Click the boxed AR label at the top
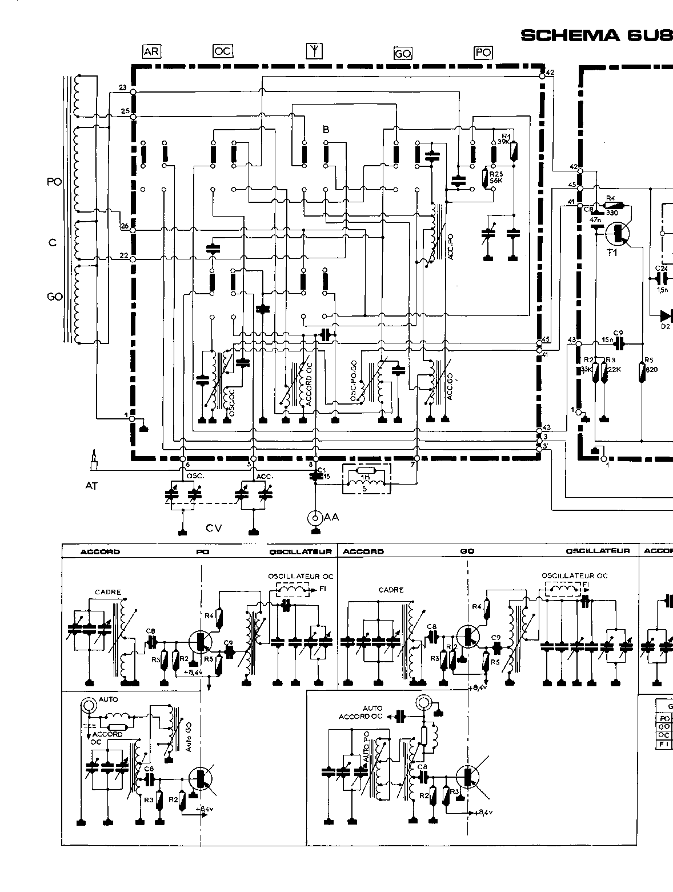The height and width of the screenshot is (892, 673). [151, 51]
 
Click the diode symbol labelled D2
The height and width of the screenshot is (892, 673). [665, 315]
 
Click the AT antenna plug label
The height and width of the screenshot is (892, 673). [91, 486]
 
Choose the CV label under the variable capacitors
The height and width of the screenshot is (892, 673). [214, 529]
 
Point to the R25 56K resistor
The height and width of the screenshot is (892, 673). [486, 178]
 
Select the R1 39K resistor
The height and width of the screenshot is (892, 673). [514, 150]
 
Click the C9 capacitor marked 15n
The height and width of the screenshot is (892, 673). [617, 344]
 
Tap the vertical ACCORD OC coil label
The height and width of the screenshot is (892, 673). [309, 385]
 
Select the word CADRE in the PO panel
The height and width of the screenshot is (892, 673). [109, 592]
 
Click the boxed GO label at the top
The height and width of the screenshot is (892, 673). [403, 54]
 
